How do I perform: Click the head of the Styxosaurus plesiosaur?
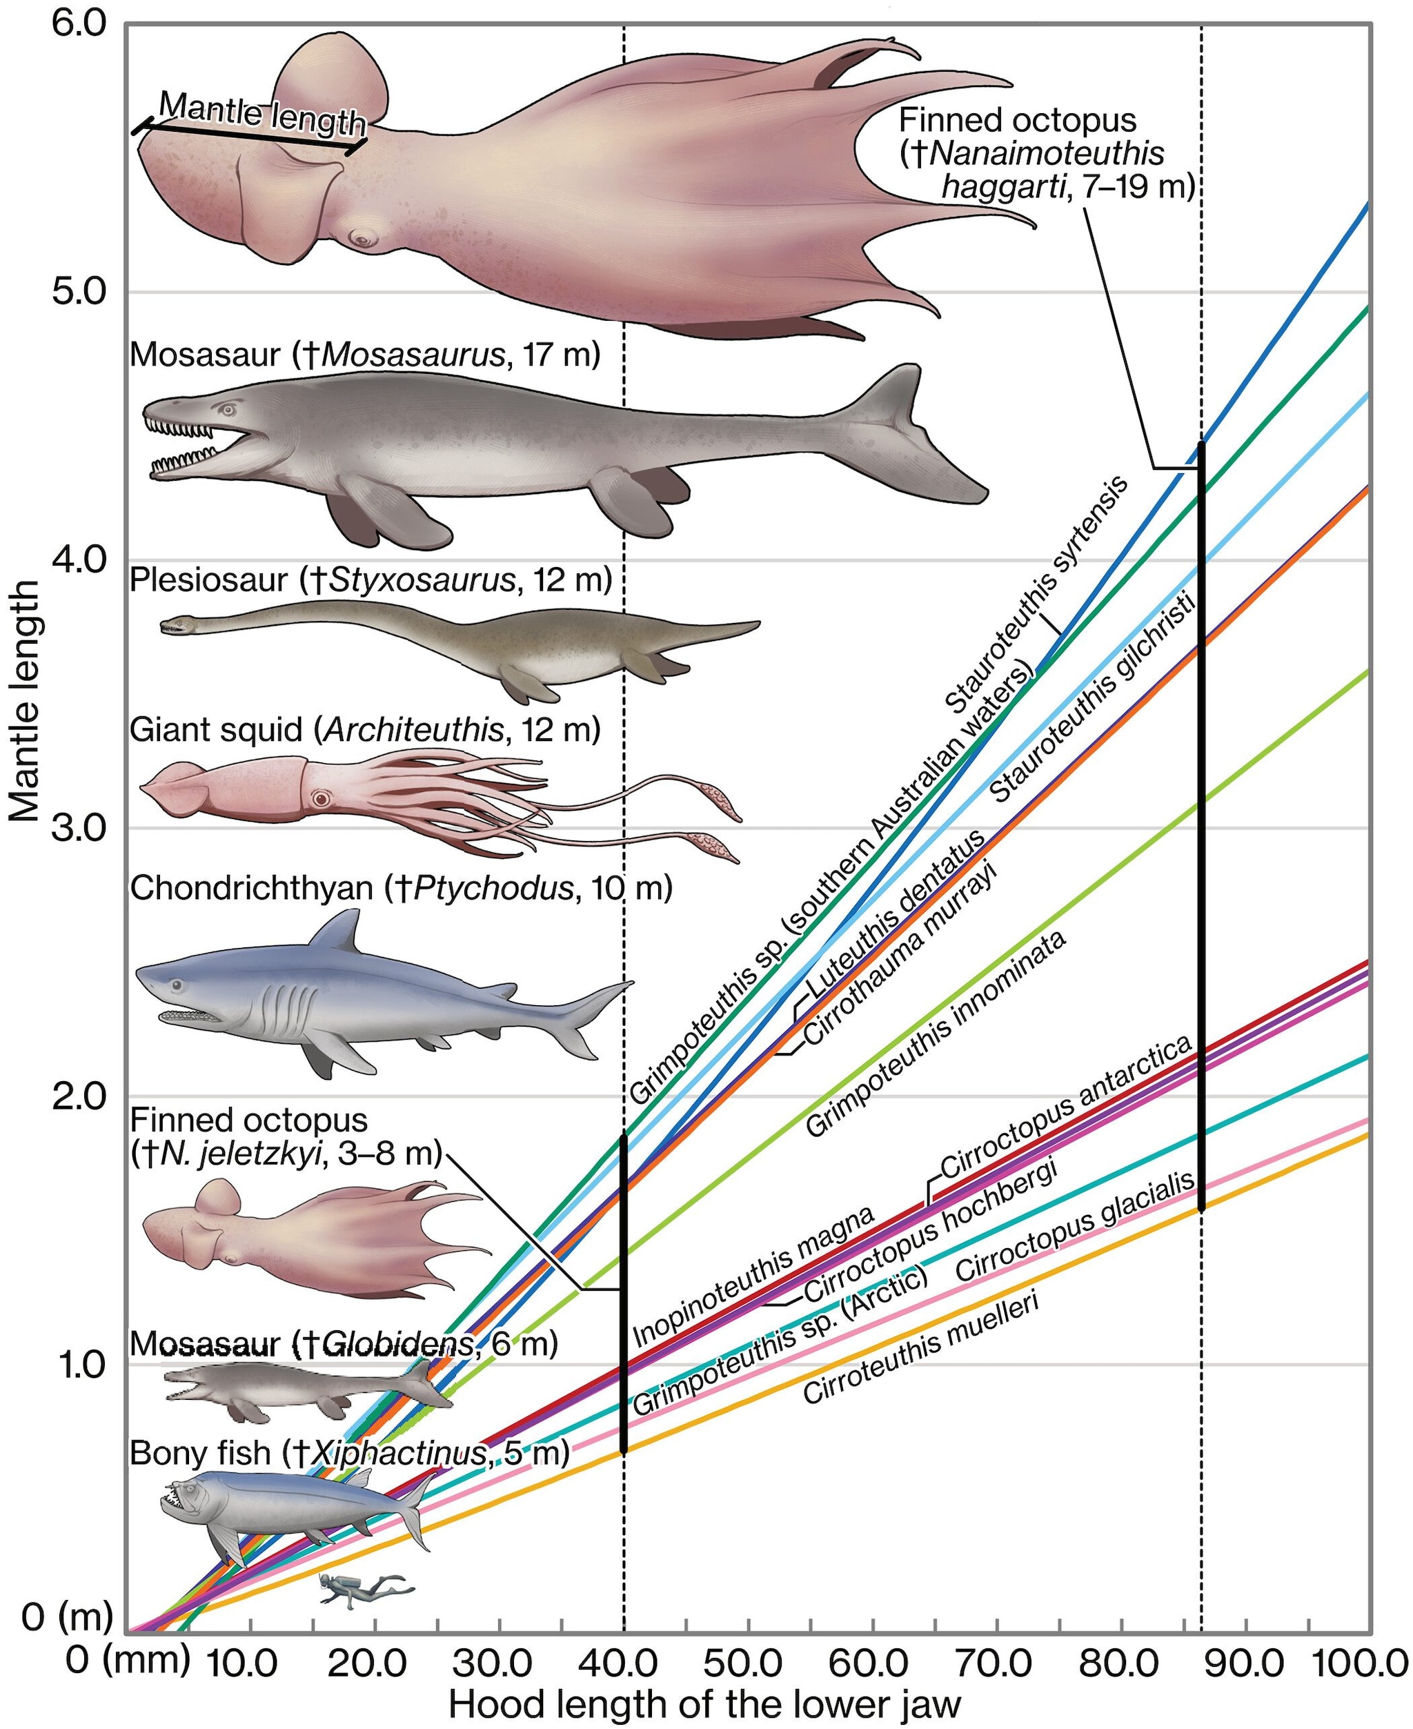tap(173, 625)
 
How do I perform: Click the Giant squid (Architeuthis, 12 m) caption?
tap(365, 729)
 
